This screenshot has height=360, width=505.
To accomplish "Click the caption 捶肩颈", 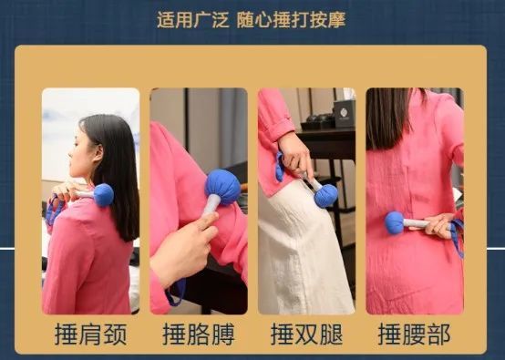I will pyautogui.click(x=90, y=334).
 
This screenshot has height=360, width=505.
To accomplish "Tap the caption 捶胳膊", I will pyautogui.click(x=198, y=334).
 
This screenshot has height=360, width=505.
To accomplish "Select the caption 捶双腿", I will pyautogui.click(x=307, y=334).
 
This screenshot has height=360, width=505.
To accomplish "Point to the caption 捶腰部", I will pyautogui.click(x=415, y=334).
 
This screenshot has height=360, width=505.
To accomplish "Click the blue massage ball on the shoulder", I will pyautogui.click(x=103, y=194).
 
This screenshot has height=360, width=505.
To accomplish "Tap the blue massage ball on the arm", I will pyautogui.click(x=222, y=186).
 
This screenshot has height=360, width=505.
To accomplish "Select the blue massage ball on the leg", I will pyautogui.click(x=325, y=195).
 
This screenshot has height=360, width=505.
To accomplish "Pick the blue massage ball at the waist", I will pyautogui.click(x=395, y=222).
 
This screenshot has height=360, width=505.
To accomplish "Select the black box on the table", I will pyautogui.click(x=344, y=113).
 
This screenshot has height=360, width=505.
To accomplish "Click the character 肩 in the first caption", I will pyautogui.click(x=90, y=334).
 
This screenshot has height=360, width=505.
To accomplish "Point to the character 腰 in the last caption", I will pyautogui.click(x=415, y=334).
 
